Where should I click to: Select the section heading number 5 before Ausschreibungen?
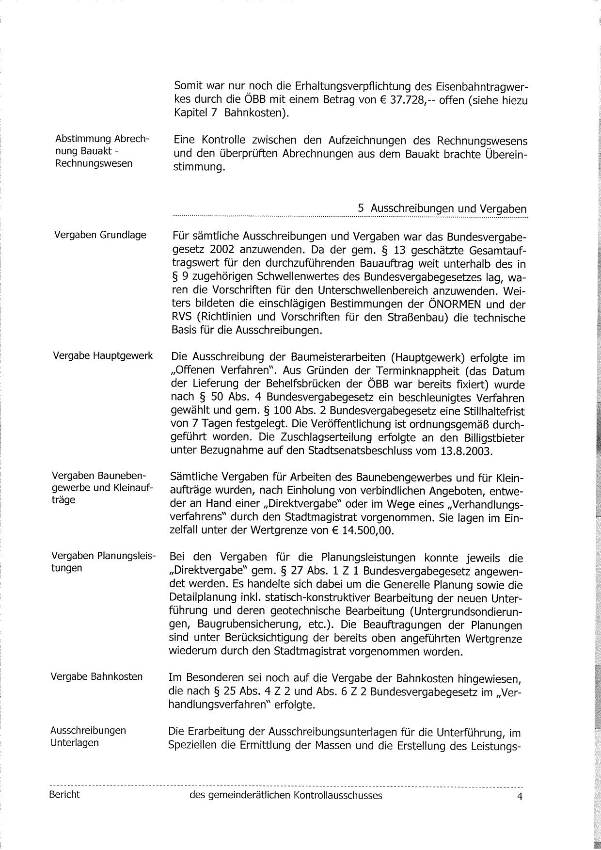(x=361, y=208)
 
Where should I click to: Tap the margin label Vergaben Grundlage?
(x=100, y=235)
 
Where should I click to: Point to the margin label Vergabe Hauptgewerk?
(x=103, y=356)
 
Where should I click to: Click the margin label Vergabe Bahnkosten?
(x=96, y=676)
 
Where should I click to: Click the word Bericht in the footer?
(x=64, y=795)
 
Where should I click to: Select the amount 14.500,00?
(x=366, y=530)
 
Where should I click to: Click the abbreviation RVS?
(x=183, y=318)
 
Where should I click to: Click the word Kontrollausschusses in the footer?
(x=336, y=796)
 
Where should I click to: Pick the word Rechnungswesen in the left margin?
(x=94, y=163)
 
